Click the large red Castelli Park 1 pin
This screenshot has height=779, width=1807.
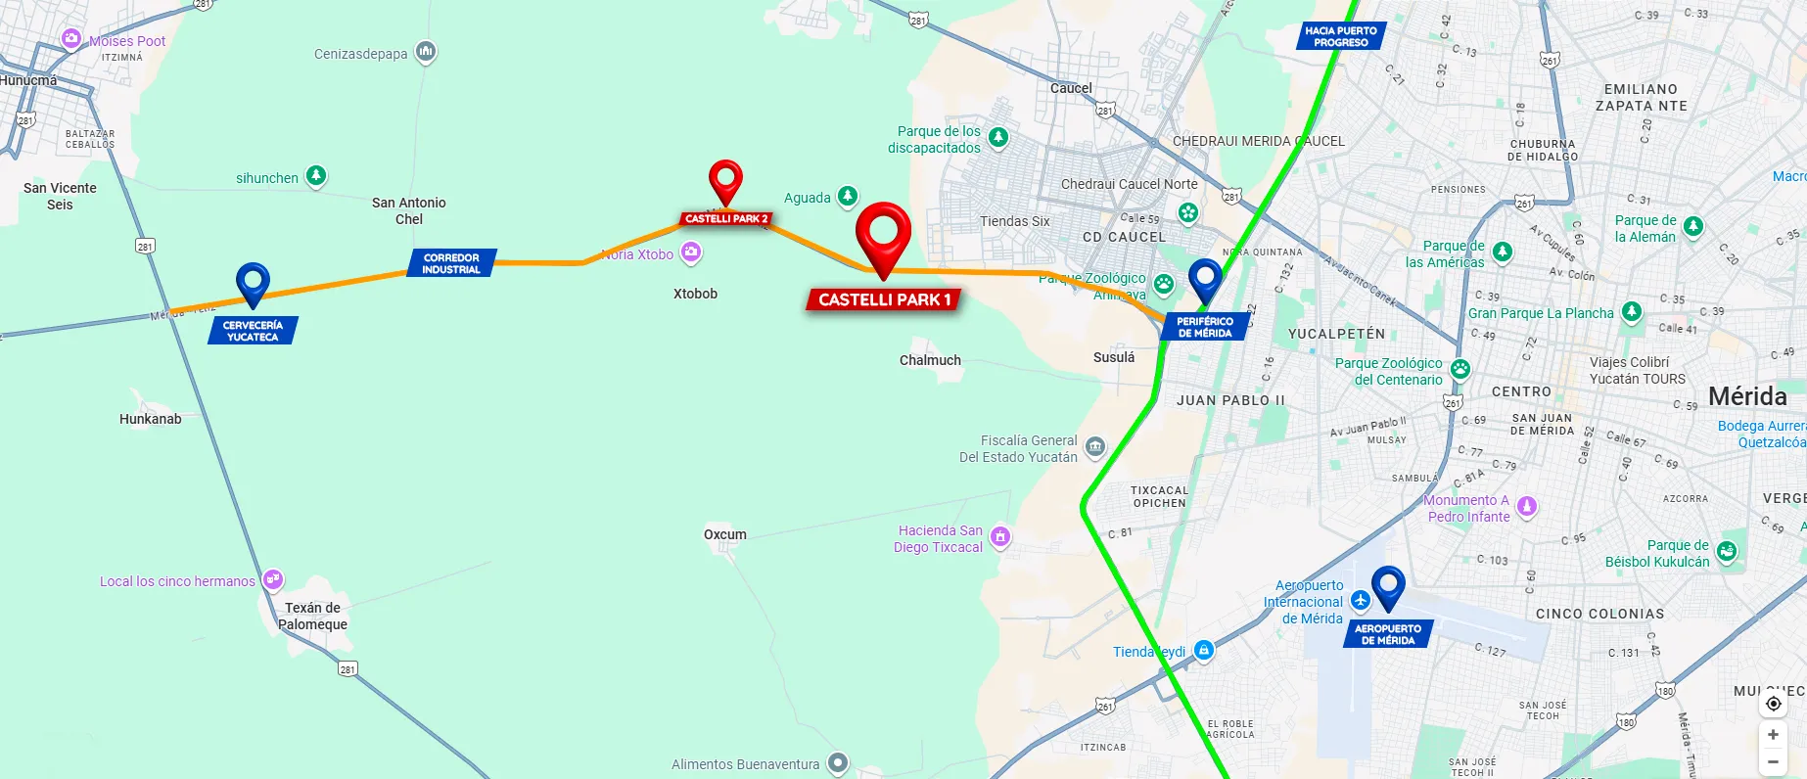tap(883, 235)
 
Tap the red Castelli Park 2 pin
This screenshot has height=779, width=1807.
tap(725, 180)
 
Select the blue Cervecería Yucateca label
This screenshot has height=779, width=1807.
tap(253, 331)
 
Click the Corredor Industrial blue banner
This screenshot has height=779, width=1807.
tap(451, 264)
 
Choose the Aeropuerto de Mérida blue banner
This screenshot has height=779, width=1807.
tap(1388, 634)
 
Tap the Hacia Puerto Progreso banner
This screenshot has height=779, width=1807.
tap(1340, 37)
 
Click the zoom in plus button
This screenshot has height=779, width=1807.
tap(1773, 735)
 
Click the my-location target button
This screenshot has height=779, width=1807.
tap(1773, 704)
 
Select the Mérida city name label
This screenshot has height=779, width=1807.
tap(1747, 396)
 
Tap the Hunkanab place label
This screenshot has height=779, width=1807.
tap(151, 419)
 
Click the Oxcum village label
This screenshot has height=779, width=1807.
tap(725, 534)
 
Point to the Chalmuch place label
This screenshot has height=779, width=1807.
tap(930, 360)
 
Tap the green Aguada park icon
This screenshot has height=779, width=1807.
tap(848, 196)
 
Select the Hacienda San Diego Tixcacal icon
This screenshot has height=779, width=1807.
tap(999, 536)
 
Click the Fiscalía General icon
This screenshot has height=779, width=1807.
tap(1095, 447)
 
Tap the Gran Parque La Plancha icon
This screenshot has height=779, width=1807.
tap(1631, 312)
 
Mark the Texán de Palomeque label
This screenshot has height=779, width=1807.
tap(312, 616)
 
